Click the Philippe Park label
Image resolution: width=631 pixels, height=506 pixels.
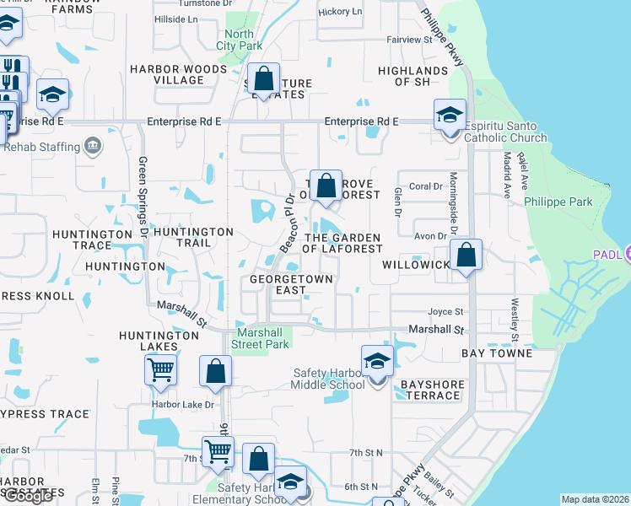coord(558,202)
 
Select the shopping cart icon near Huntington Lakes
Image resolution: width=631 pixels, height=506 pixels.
coord(160,369)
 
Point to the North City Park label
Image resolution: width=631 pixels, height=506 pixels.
coord(239,40)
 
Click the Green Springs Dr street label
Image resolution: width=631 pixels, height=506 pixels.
coord(143,196)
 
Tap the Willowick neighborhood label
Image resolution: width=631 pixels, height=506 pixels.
coord(417,264)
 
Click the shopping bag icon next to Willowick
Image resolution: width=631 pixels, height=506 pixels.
coord(465,254)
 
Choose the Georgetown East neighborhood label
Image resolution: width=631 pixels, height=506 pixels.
coord(291,283)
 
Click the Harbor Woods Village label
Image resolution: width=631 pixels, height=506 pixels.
coord(166,75)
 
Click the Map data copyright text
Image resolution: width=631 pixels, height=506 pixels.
coord(595,499)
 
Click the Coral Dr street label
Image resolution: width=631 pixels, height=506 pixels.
coord(426,186)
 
